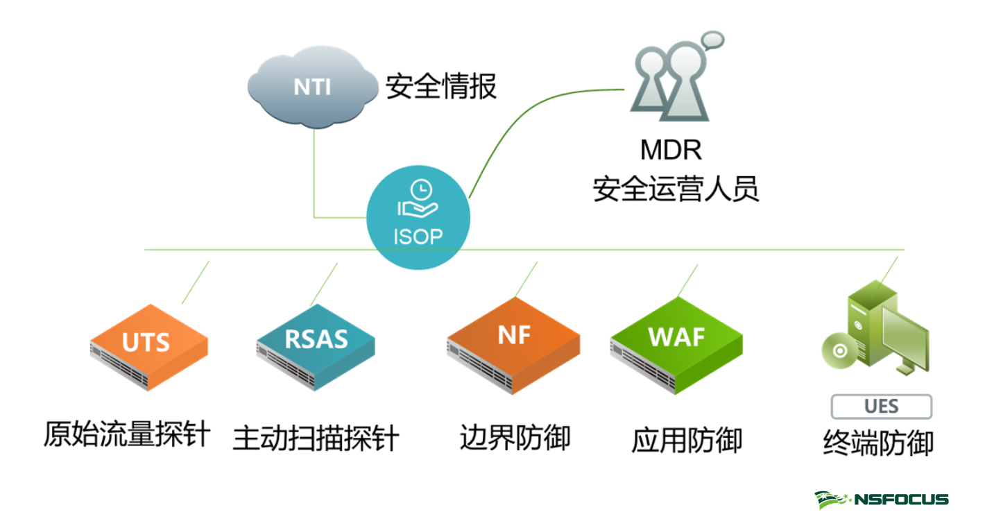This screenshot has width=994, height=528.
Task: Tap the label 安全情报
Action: [x=441, y=87]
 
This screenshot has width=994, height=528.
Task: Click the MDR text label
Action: [x=671, y=150]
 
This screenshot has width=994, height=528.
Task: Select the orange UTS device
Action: [x=149, y=345]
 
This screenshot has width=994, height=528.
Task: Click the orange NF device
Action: [x=513, y=344]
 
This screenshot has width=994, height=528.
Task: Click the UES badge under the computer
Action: [x=881, y=407]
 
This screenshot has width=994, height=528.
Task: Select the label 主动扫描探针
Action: [x=316, y=438]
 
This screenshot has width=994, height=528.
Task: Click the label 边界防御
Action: [x=515, y=438]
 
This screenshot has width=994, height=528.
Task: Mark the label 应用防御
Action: [x=687, y=440]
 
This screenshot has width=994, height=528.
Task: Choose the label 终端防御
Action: [x=878, y=443]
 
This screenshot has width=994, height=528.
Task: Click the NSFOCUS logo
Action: [x=881, y=500]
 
